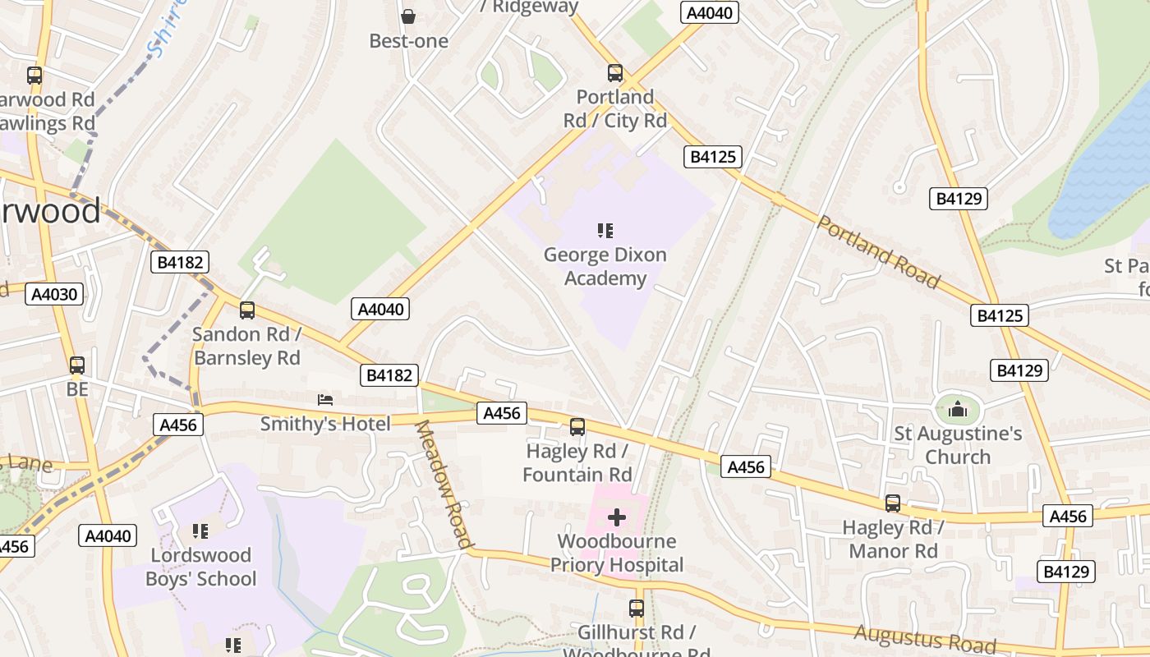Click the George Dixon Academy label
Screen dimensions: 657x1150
[605, 267]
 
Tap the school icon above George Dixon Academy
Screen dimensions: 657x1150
[605, 231]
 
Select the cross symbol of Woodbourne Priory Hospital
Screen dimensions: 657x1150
[617, 517]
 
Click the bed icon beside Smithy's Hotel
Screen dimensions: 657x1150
[325, 400]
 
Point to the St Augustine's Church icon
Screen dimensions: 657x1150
[958, 408]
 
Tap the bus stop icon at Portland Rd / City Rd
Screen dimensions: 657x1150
[614, 73]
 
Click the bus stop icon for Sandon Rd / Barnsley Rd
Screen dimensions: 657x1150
[247, 310]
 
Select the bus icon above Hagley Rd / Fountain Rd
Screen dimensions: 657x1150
[577, 427]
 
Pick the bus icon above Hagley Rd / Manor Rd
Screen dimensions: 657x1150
[893, 503]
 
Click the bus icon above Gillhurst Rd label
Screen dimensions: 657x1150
[637, 609]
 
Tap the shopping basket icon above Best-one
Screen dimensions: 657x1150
[408, 16]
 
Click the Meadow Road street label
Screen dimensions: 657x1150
[444, 484]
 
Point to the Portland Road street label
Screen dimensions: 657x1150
[878, 252]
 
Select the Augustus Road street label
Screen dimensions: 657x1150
[924, 638]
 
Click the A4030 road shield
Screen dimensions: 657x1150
[54, 294]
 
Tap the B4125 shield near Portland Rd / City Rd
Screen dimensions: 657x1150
[712, 156]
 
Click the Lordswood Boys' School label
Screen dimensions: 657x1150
[201, 567]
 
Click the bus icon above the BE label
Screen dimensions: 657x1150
[77, 365]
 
